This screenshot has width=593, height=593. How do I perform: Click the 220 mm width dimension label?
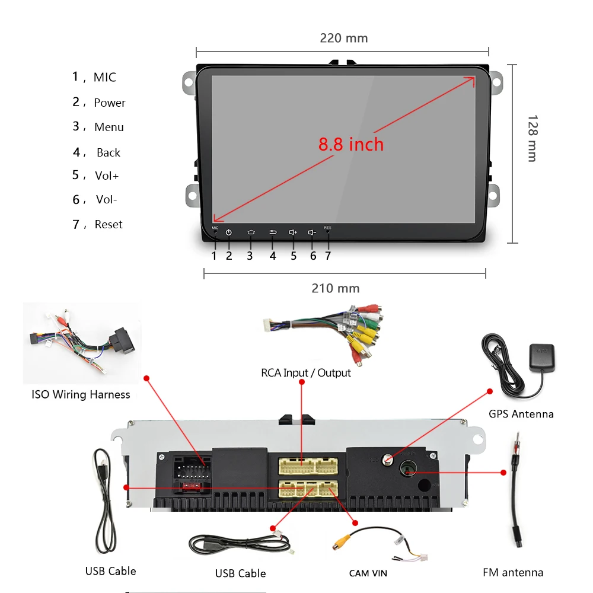pyautogui.click(x=344, y=39)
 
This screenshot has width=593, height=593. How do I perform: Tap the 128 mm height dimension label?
pyautogui.click(x=531, y=138)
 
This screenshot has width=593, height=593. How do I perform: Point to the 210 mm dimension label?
pyautogui.click(x=336, y=289)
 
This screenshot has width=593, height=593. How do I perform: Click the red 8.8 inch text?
pyautogui.click(x=351, y=144)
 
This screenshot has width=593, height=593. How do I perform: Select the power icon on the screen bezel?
pyautogui.click(x=228, y=232)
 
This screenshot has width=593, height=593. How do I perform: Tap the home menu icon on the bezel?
pyautogui.click(x=251, y=232)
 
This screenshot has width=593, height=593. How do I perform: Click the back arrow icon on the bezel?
pyautogui.click(x=273, y=232)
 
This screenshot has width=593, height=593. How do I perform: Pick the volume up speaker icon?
pyautogui.click(x=293, y=232)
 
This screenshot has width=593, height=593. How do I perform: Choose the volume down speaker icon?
pyautogui.click(x=313, y=232)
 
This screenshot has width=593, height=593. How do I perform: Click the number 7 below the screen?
pyautogui.click(x=328, y=256)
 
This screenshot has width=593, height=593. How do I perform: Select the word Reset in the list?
pyautogui.click(x=109, y=225)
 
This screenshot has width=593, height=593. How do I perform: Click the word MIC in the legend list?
pyautogui.click(x=105, y=78)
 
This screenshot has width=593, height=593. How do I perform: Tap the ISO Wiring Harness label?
pyautogui.click(x=81, y=394)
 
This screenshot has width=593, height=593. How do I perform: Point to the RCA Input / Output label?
pyautogui.click(x=306, y=373)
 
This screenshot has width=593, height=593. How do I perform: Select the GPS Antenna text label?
pyautogui.click(x=521, y=414)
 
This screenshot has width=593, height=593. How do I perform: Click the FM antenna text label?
pyautogui.click(x=513, y=572)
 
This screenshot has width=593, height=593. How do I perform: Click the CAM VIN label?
pyautogui.click(x=368, y=573)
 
